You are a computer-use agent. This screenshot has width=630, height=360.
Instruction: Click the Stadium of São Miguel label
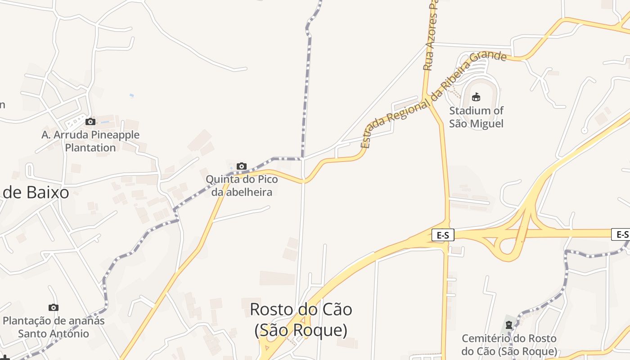tap(476, 117)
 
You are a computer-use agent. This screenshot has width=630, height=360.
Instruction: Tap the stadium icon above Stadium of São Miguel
tap(476, 97)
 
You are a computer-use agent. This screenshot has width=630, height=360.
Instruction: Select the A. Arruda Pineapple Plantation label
tap(90, 141)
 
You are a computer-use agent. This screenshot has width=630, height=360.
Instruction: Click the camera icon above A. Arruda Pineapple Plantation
tap(90, 121)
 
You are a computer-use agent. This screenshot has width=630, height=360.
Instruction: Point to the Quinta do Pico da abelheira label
tap(242, 185)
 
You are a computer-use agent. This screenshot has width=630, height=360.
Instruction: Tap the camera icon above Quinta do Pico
tap(242, 166)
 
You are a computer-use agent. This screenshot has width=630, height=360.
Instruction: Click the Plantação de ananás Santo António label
tap(54, 327)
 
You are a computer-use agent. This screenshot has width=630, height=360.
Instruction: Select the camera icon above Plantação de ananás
tap(54, 307)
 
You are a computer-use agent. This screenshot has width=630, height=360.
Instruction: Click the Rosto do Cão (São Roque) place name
tap(301, 319)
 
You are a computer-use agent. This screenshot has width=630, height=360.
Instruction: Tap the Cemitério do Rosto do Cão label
tap(509, 345)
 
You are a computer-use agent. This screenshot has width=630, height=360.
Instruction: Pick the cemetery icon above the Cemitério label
tap(509, 324)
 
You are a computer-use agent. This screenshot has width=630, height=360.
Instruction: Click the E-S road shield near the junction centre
tap(443, 234)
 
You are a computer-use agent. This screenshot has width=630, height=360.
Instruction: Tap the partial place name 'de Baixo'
tap(36, 193)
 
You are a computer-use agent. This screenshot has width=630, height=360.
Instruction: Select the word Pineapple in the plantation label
tap(115, 135)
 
